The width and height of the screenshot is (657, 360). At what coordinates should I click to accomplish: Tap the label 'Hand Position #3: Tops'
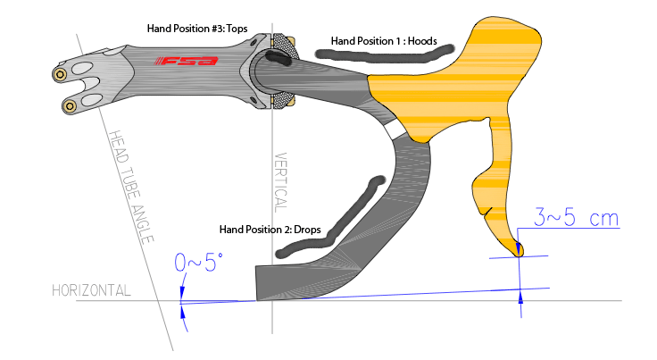point(198,28)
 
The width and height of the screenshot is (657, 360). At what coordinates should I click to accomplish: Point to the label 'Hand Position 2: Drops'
point(270,228)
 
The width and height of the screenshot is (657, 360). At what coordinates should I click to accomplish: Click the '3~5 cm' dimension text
point(577,217)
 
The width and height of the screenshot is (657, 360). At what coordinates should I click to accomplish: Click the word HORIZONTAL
point(92,290)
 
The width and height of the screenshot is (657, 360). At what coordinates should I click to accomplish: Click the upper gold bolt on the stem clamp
point(60,74)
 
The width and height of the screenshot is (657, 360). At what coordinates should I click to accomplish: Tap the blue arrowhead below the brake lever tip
point(520,304)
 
